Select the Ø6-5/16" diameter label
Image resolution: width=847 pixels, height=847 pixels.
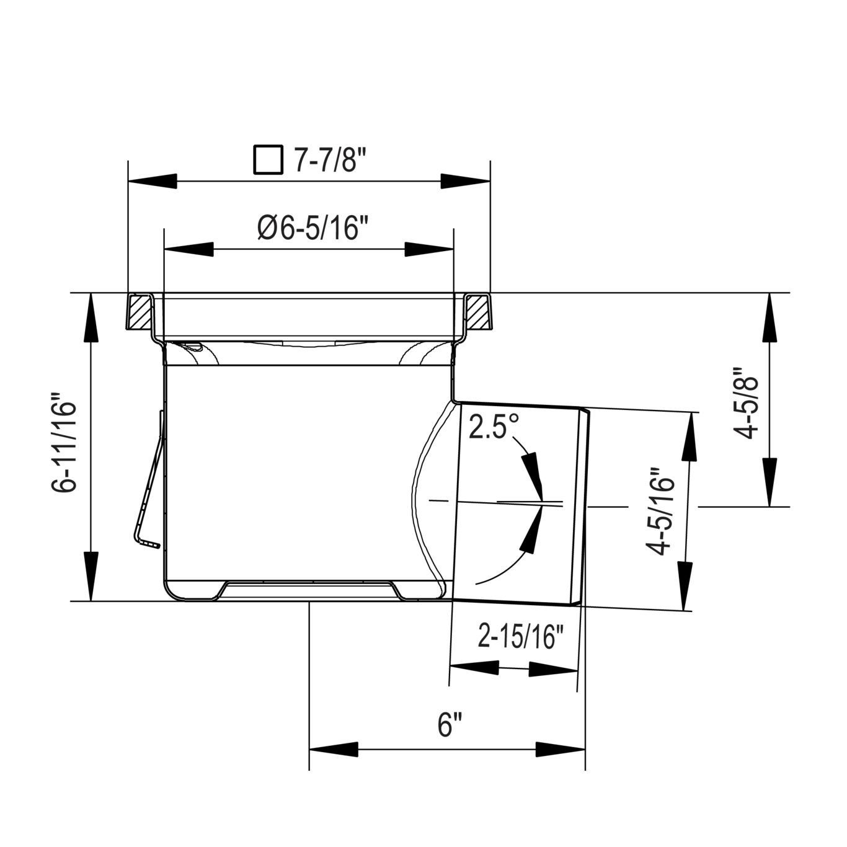point(309,229)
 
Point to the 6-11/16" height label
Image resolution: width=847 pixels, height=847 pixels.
point(64,442)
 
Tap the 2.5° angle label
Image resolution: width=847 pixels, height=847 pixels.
point(494,427)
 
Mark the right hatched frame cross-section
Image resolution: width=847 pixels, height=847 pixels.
point(477,313)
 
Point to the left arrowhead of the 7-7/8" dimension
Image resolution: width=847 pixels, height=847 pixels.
point(151,181)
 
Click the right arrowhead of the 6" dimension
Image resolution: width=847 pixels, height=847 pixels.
point(561,748)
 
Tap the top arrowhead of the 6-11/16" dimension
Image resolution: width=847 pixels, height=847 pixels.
point(91,316)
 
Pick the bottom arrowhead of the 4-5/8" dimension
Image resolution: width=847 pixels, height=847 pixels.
point(769,483)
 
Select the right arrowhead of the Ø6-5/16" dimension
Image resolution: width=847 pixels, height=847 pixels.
point(430,249)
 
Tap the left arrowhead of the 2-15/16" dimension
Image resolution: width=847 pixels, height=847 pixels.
point(474,668)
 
